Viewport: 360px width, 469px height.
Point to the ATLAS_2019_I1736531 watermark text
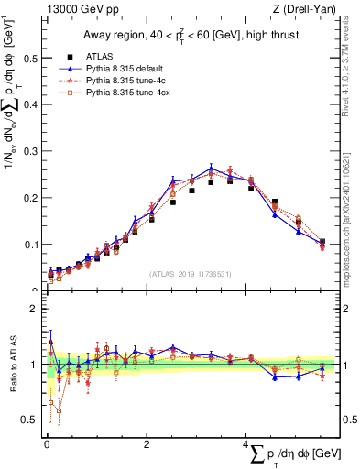(190, 274)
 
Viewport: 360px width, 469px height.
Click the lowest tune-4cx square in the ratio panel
(59, 410)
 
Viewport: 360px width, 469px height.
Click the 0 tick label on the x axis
(47, 444)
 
